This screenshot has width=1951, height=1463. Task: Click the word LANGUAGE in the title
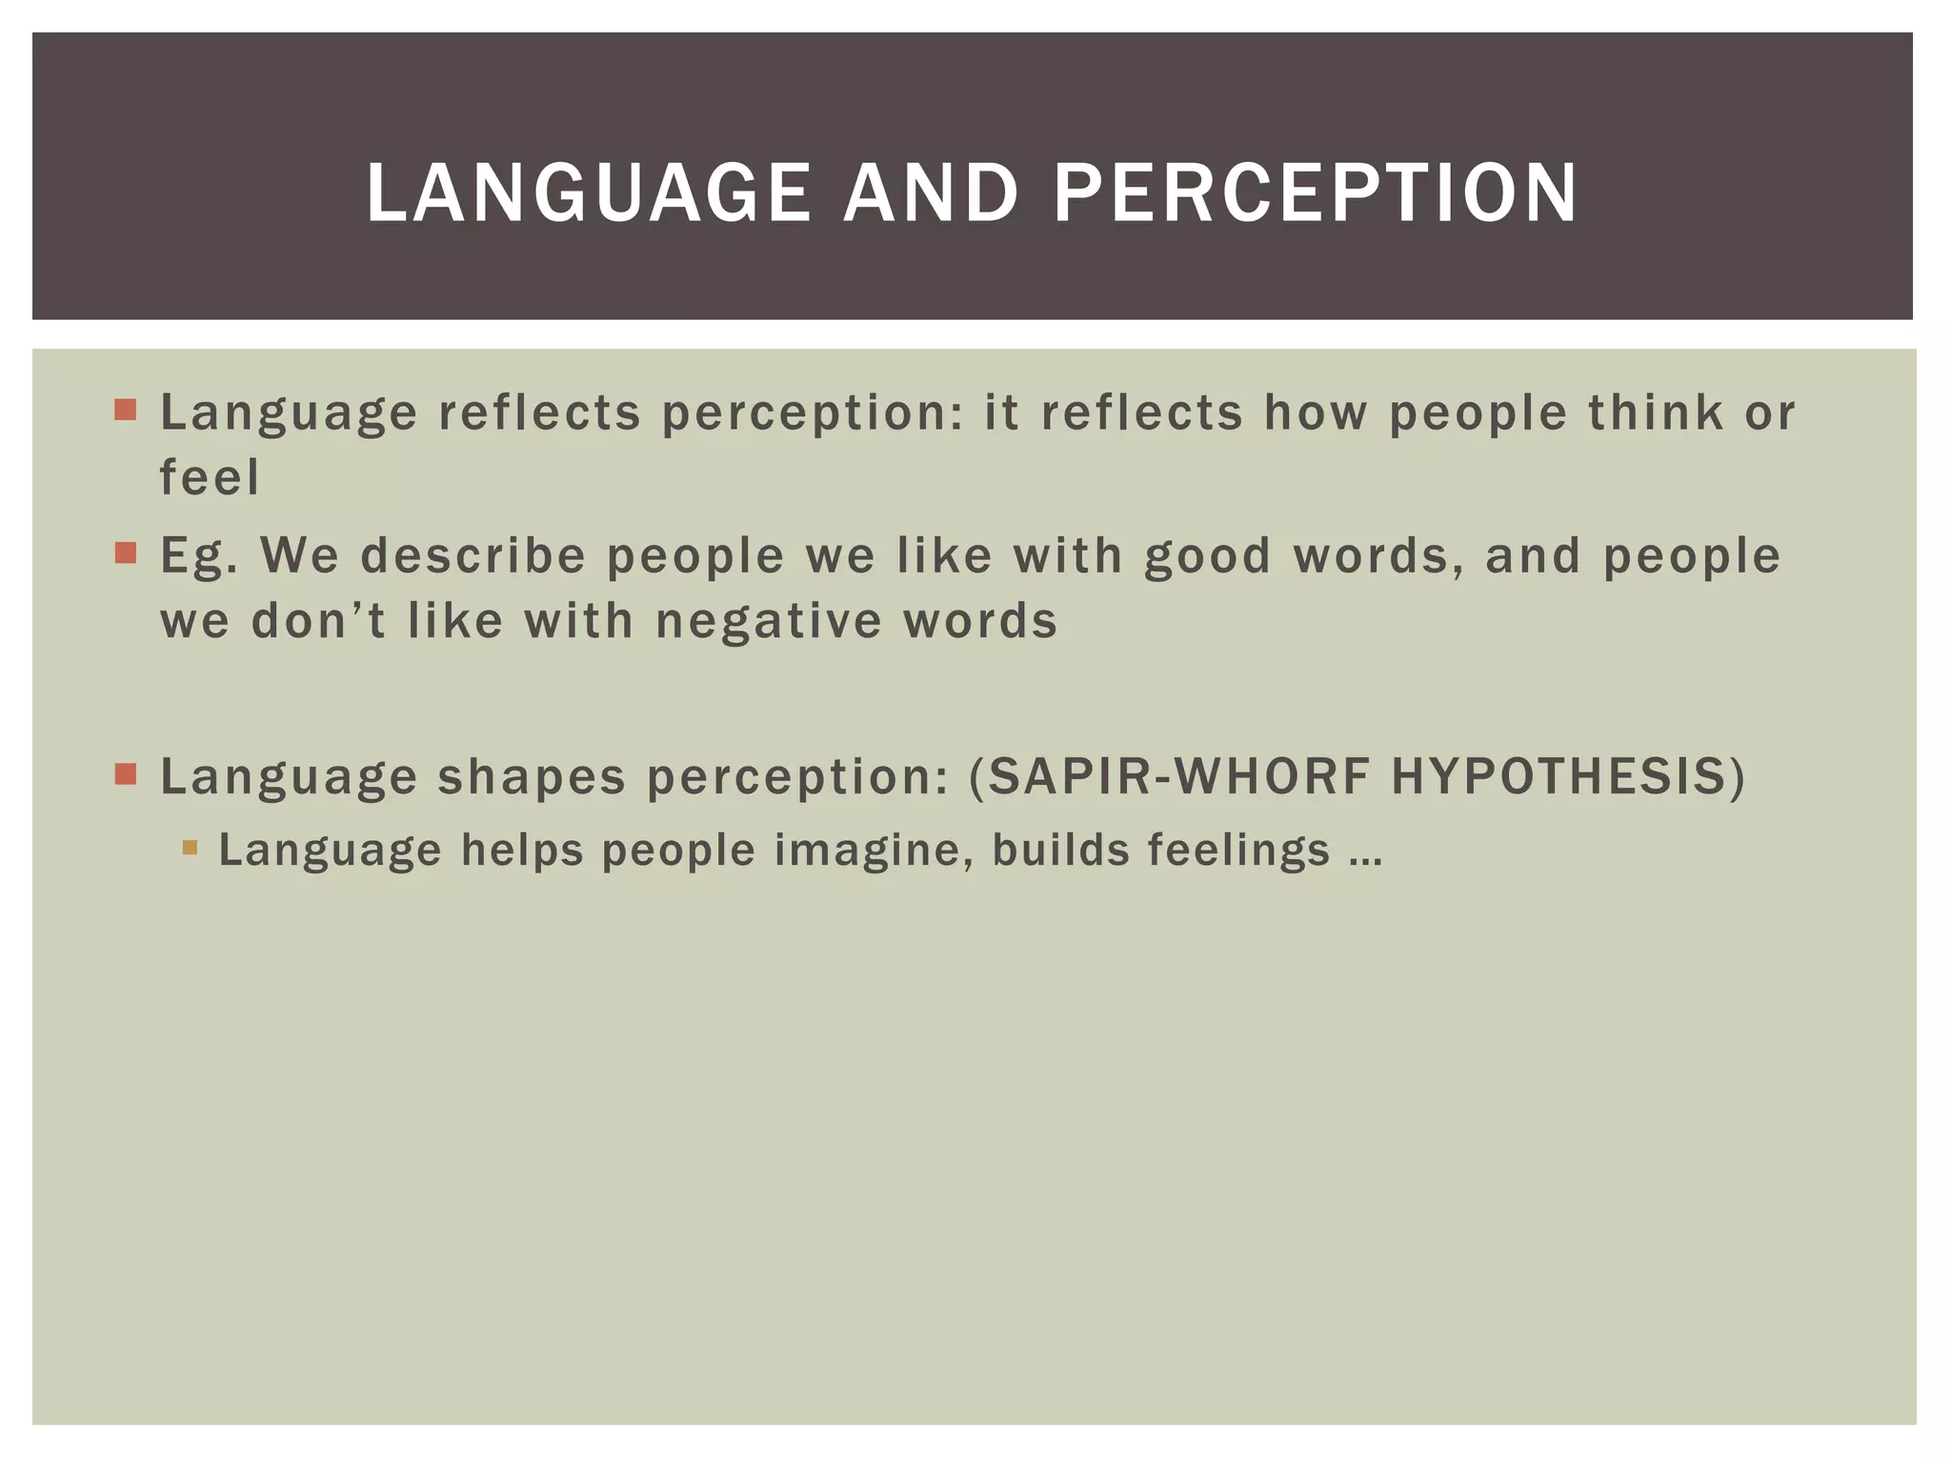point(588,193)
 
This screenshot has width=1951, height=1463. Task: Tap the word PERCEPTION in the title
point(1316,193)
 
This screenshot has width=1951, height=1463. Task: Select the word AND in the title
point(931,193)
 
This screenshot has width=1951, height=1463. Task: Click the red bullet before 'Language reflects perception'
point(126,411)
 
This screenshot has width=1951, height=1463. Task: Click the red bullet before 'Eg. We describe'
point(126,553)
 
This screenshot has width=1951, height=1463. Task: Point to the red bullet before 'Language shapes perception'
point(126,773)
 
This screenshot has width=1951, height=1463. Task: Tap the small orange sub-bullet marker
point(190,847)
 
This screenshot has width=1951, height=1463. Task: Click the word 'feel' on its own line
point(209,477)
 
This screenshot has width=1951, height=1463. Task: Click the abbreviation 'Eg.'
point(198,556)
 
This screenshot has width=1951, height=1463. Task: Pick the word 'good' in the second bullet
point(1207,556)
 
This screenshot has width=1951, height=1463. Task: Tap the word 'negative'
point(769,621)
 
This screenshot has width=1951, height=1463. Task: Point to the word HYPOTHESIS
point(1559,776)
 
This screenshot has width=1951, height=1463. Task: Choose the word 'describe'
point(473,556)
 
